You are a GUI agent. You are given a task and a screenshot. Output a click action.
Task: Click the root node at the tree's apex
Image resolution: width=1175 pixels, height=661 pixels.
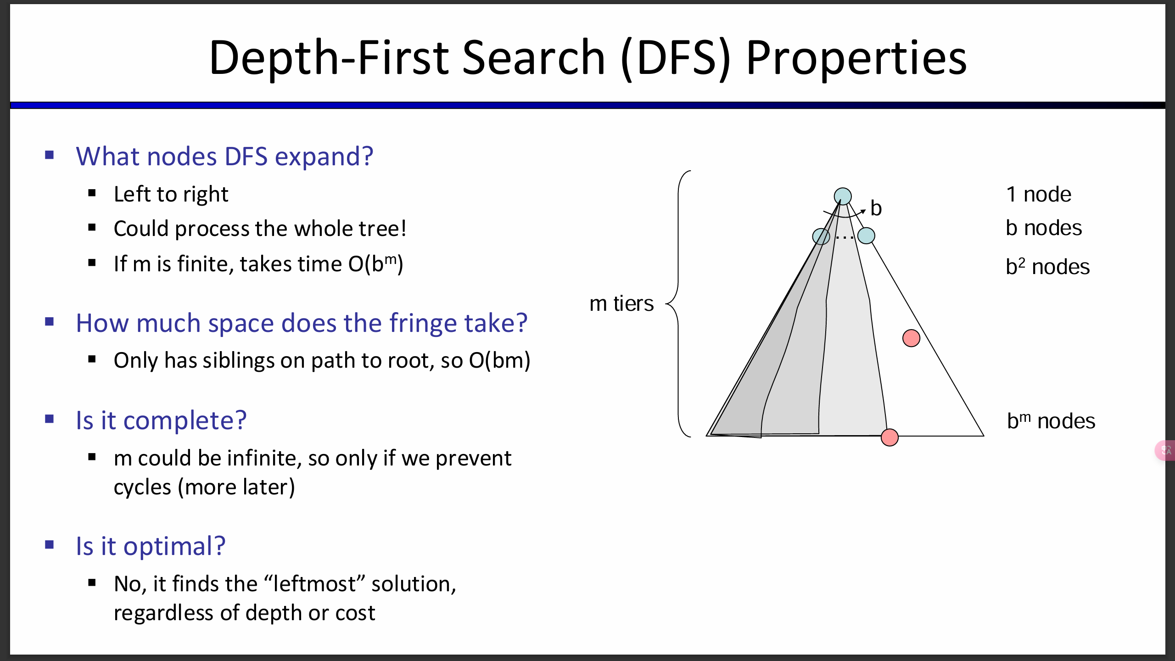[843, 196]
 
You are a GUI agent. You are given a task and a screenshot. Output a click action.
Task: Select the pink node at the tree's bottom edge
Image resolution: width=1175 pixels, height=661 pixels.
[890, 437]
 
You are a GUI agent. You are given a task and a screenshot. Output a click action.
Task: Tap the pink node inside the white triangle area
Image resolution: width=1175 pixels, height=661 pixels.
[911, 338]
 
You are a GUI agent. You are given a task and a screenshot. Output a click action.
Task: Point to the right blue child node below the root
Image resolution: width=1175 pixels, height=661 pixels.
[866, 236]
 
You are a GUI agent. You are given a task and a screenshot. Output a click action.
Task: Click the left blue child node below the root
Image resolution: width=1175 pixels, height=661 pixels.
[821, 237]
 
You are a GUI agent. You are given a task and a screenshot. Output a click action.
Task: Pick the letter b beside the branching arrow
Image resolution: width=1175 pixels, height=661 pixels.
[876, 208]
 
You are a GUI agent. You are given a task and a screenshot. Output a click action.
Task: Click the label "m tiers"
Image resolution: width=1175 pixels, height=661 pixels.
[621, 303]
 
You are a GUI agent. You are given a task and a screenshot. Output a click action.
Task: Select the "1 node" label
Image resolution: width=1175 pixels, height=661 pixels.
[1039, 194]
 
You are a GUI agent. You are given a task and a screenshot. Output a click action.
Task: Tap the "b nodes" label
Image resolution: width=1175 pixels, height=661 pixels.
[1044, 228]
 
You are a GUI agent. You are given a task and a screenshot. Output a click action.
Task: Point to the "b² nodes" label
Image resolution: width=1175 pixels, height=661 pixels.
[1048, 266]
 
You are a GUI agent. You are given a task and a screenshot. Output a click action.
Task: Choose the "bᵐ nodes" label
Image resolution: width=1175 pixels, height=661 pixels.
[1051, 420]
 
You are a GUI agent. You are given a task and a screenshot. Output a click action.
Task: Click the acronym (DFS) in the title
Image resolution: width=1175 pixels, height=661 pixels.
[675, 58]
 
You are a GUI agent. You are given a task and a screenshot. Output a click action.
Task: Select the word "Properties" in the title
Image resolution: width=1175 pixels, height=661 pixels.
[856, 59]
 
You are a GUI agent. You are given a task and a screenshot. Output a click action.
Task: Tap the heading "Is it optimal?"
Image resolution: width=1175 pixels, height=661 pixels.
[151, 546]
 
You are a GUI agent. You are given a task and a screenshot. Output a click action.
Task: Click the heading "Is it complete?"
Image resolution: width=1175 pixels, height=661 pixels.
[161, 420]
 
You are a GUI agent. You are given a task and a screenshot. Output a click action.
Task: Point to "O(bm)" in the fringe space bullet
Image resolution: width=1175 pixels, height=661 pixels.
[499, 360]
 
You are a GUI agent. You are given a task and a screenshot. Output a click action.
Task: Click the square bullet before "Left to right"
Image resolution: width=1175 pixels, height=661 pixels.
[92, 193]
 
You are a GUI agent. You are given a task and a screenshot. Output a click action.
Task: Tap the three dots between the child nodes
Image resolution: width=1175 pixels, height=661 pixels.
[845, 237]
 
